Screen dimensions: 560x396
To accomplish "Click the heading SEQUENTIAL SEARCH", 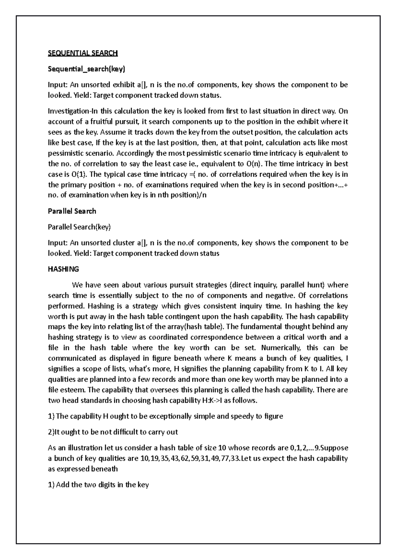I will coord(83,53).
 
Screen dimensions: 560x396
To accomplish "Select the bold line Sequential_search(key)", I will coord(86,69).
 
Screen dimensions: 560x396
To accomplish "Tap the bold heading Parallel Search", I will coord(72,211).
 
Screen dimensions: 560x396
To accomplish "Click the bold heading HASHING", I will coord(63,269).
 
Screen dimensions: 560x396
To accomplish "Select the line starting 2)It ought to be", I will coord(113,432).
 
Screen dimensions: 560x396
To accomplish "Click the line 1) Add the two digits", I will coord(98,485).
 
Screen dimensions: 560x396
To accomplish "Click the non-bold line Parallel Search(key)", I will coord(79,227).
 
